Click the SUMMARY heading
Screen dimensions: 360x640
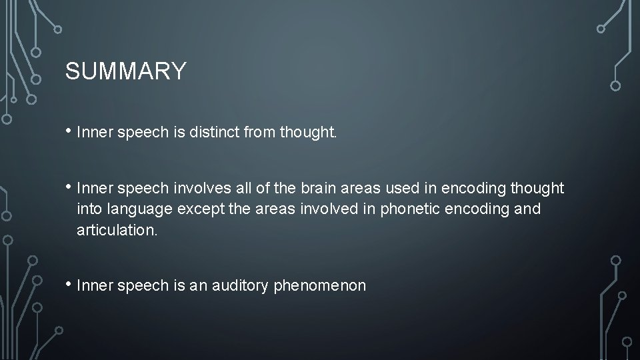point(126,71)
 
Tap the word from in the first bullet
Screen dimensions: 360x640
point(261,133)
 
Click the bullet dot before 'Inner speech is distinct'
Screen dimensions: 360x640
point(69,132)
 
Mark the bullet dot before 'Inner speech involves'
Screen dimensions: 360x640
point(69,188)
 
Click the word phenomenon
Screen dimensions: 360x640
point(320,286)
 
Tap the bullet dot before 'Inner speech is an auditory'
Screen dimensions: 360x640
point(69,285)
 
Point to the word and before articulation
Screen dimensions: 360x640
point(528,209)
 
